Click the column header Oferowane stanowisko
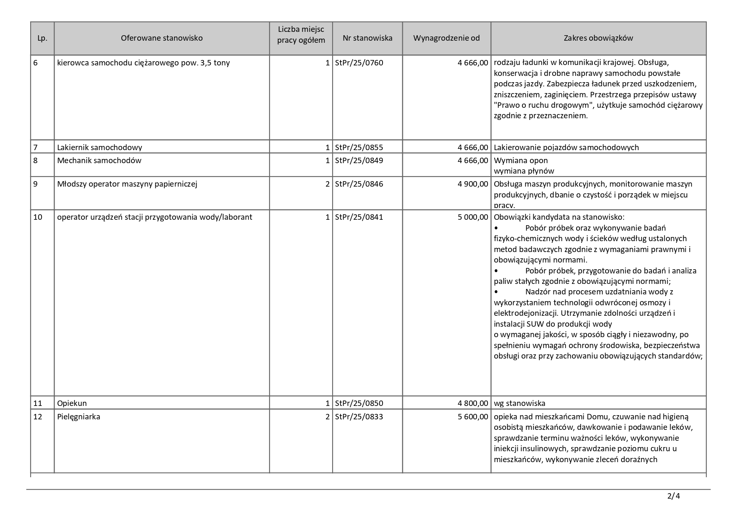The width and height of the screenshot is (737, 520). (162, 38)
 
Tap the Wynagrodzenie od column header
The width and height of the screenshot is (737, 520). (446, 38)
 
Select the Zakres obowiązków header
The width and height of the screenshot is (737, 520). (598, 38)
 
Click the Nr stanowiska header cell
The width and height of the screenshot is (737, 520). (367, 38)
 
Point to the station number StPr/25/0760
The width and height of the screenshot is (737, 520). (359, 63)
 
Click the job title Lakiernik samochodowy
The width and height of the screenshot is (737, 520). (100, 147)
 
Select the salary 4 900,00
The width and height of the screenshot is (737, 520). (473, 184)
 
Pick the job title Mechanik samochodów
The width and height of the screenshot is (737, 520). (99, 161)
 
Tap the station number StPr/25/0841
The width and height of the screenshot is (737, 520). (359, 217)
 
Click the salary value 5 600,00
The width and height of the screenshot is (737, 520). (473, 417)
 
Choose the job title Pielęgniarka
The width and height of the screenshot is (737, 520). (79, 417)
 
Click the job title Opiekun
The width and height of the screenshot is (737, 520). (72, 403)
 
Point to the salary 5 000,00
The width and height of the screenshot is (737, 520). (473, 217)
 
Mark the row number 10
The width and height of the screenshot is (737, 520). (38, 217)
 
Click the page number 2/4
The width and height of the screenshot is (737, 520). (673, 497)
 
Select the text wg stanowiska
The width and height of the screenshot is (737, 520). (519, 403)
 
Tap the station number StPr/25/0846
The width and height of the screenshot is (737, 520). (359, 184)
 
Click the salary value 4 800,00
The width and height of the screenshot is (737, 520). (473, 403)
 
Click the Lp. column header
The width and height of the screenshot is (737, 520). (42, 38)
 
